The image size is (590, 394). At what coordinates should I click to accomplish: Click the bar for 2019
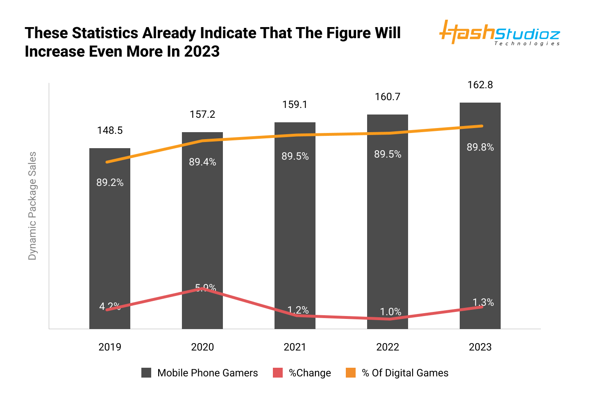click(110, 238)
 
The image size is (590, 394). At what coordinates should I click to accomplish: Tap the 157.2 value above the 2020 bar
click(202, 115)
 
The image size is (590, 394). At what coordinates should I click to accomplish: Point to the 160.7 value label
click(388, 97)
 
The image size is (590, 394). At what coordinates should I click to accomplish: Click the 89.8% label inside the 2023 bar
click(480, 147)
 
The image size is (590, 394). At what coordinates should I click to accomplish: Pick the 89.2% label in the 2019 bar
click(110, 183)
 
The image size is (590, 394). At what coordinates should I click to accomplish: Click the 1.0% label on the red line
click(390, 312)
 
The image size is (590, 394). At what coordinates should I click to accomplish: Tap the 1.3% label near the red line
click(483, 302)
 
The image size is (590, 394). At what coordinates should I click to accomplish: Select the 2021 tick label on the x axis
click(295, 347)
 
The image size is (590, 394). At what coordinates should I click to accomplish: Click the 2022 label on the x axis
click(388, 347)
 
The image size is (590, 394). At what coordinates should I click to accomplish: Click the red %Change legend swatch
click(278, 373)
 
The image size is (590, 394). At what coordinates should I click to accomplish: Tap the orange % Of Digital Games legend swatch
click(351, 373)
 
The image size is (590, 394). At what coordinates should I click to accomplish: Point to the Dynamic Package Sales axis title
click(32, 206)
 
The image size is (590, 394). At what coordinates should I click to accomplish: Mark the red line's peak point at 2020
click(202, 289)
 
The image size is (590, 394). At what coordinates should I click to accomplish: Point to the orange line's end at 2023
click(482, 126)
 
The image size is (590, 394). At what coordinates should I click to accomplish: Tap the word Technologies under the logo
click(527, 44)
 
